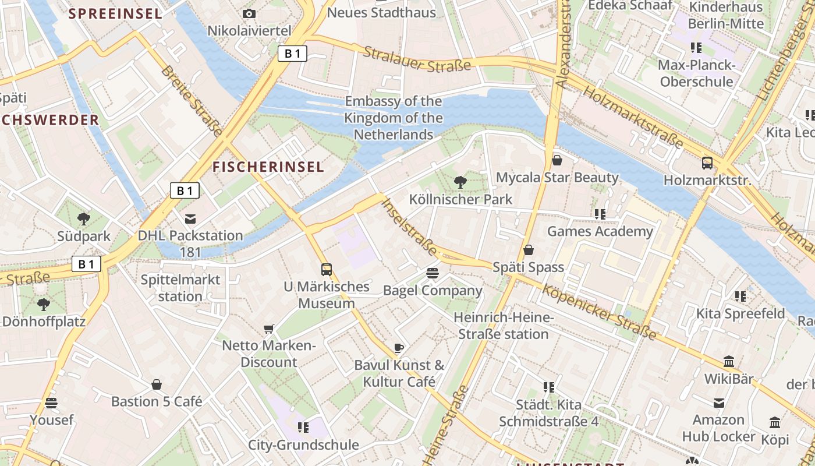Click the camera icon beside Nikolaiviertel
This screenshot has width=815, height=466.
(x=249, y=13)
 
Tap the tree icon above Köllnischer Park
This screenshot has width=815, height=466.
(x=460, y=182)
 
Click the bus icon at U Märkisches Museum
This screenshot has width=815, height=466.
(x=327, y=270)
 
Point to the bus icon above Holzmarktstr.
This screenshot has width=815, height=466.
(x=707, y=163)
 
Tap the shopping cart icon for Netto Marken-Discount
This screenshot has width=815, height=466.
(x=268, y=329)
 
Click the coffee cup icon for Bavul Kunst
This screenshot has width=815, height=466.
(x=398, y=348)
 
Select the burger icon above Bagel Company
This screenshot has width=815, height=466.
(x=432, y=273)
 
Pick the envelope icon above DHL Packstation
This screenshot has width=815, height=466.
(x=190, y=219)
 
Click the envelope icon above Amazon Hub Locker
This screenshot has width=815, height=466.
(x=720, y=403)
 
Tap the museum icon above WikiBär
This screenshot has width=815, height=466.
(x=729, y=362)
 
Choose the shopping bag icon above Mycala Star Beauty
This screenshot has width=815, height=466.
(x=557, y=160)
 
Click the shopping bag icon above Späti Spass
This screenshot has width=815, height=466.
(x=528, y=250)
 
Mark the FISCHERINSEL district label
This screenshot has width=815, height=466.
(x=268, y=167)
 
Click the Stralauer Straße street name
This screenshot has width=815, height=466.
(x=417, y=59)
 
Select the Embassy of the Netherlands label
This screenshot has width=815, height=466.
(x=394, y=118)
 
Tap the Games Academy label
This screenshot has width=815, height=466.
(x=600, y=231)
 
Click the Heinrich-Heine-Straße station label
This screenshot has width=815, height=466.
(x=503, y=326)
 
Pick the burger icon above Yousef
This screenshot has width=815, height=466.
(x=51, y=403)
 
